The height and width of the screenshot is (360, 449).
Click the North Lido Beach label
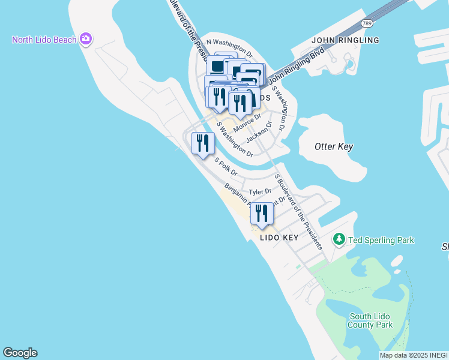44,40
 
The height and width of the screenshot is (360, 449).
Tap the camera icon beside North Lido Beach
86,40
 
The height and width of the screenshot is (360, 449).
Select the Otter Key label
334,146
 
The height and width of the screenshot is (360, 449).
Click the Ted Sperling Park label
381,240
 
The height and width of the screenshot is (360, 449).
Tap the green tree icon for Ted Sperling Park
339,240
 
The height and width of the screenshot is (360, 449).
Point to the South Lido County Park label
371,320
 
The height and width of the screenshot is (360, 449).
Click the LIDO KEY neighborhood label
279,238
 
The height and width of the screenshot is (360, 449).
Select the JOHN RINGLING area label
346,40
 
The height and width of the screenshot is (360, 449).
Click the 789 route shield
367,23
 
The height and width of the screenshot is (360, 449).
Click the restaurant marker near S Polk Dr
203,144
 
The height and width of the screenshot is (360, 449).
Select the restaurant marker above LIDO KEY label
262,214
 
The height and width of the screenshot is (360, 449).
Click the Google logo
20,353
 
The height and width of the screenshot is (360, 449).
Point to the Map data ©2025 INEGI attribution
414,355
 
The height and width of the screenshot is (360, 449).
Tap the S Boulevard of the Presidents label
298,211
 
